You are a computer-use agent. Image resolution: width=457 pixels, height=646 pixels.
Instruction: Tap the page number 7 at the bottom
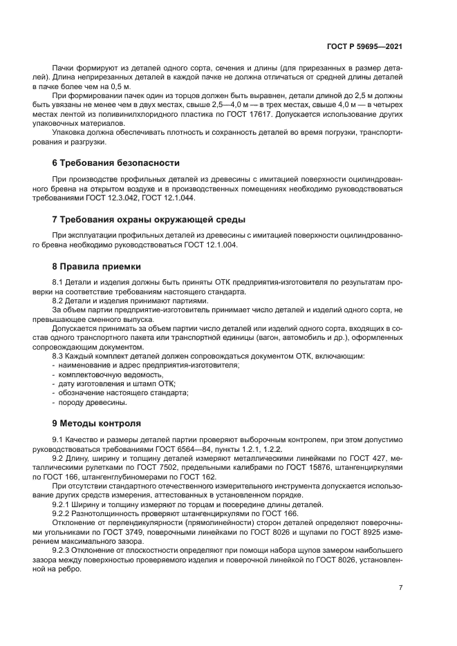[x=401, y=587]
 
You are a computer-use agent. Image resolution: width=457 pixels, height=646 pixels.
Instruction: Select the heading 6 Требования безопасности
[x=116, y=163]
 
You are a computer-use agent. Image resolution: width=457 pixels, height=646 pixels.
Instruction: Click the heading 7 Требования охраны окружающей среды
[x=149, y=220]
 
